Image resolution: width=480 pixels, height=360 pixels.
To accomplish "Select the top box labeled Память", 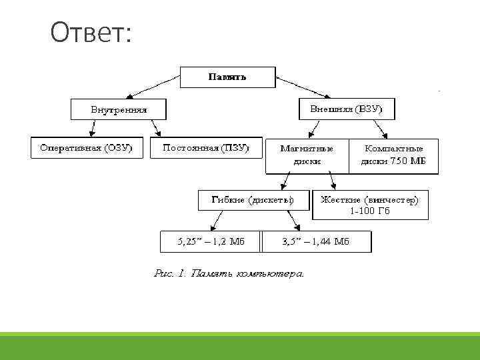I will click(227, 77).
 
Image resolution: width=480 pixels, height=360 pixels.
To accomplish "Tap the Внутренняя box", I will click(119, 109).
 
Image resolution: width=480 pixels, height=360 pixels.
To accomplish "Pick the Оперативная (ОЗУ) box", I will click(87, 147).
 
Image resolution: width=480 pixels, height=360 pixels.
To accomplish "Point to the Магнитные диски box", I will click(307, 155).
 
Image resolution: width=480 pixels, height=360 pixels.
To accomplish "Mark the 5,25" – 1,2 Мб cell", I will click(211, 241).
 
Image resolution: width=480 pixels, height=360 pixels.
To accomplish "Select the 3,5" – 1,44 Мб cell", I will click(317, 241).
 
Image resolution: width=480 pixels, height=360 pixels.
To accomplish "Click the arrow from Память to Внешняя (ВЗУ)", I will click(303, 88).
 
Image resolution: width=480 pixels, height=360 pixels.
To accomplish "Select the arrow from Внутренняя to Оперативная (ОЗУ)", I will click(92, 128).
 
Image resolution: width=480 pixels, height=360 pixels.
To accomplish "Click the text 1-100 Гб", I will click(370, 211).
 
